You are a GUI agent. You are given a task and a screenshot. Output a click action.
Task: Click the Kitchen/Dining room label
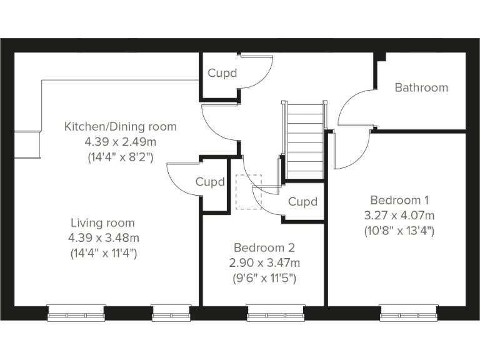coord(121,127)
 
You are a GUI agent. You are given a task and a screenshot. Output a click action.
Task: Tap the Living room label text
coord(102,223)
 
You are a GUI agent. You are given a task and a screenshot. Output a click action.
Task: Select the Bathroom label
coord(421,88)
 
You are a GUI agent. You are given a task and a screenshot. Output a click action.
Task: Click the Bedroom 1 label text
coord(399,201)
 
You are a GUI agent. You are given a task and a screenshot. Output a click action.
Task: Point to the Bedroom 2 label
coord(263,248)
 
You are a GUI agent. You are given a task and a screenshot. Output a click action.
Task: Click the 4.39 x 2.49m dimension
coord(121,142)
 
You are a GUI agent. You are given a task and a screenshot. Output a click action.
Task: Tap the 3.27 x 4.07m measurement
coord(399,216)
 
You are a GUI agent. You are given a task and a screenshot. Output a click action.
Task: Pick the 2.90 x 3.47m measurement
coord(263,263)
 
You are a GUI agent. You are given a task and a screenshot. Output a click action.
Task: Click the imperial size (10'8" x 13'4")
coord(399,231)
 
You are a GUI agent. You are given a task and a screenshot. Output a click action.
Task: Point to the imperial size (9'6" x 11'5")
coord(263,278)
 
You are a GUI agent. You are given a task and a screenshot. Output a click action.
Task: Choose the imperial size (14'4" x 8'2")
coord(121,157)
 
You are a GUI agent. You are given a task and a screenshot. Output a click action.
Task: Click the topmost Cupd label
coord(222,74)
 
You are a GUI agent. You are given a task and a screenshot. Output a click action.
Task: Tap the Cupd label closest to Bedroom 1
coord(302,202)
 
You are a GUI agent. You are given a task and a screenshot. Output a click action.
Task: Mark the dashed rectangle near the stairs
coord(248,192)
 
